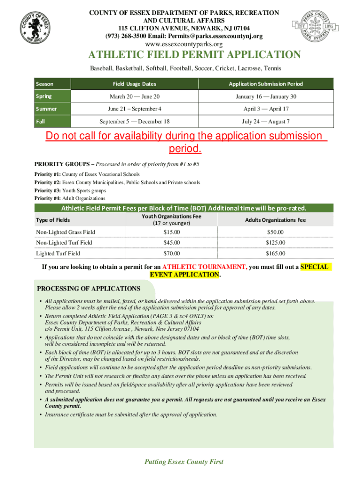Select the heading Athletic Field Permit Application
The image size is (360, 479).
[195, 55]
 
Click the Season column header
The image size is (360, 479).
[45, 84]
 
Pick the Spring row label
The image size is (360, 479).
[44, 96]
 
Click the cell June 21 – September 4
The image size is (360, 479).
[135, 109]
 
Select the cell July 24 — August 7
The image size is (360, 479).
[266, 122]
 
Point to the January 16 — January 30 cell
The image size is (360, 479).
[266, 96]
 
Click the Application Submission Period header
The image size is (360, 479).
[266, 84]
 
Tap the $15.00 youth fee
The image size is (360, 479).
[171, 232]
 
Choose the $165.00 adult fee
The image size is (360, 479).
[275, 254]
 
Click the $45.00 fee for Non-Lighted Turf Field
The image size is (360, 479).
[171, 243]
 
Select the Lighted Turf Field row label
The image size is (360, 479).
[58, 254]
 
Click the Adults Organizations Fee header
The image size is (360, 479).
[275, 220]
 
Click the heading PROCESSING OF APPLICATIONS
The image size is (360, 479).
[88, 289]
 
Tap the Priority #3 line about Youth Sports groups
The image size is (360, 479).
[70, 190]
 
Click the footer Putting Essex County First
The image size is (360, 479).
[184, 462]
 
